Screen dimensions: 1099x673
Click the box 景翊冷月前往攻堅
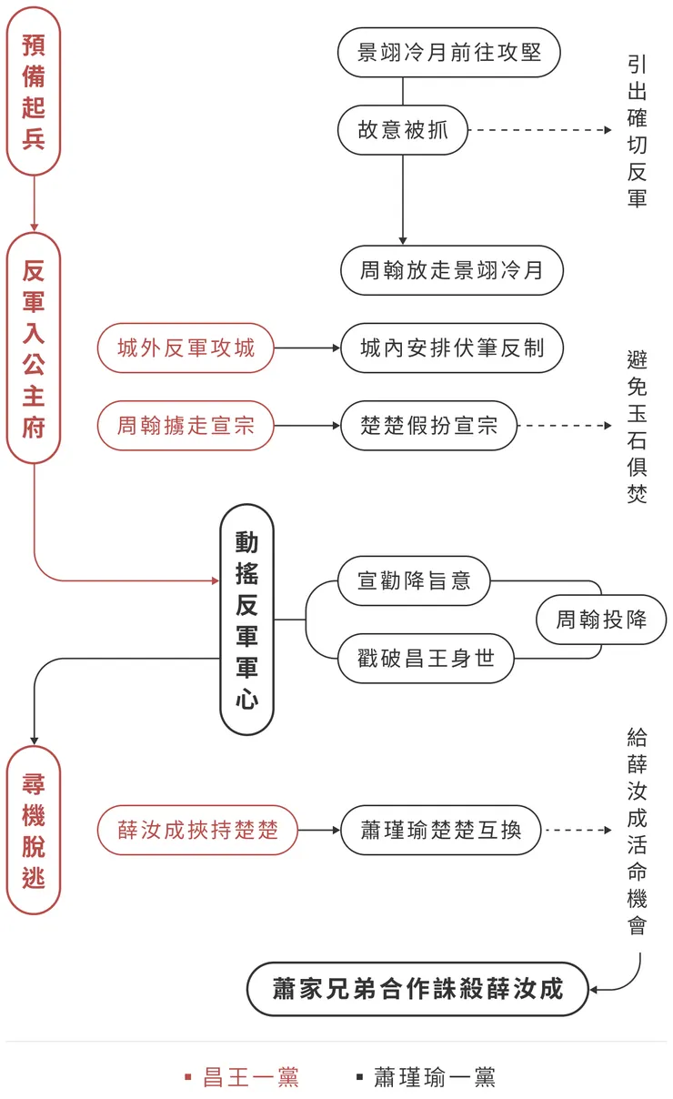(x=448, y=53)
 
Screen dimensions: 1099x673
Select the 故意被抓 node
(x=403, y=130)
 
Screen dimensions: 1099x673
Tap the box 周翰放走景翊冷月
(x=452, y=270)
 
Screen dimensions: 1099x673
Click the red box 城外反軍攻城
(x=186, y=348)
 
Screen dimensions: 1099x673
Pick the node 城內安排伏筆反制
(x=452, y=348)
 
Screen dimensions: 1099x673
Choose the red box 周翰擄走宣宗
(x=186, y=425)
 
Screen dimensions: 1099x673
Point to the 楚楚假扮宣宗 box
(x=429, y=425)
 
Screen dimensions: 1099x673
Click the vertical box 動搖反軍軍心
(x=246, y=620)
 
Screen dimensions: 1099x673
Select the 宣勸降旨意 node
(x=414, y=580)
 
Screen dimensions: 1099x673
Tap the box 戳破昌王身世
(x=426, y=658)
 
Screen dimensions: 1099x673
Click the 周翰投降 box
(x=601, y=620)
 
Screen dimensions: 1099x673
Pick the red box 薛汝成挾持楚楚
(x=197, y=830)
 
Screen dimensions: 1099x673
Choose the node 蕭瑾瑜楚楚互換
(x=441, y=830)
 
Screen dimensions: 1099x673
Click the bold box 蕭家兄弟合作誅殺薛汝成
(x=417, y=989)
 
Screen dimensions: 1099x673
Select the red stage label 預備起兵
(x=34, y=91)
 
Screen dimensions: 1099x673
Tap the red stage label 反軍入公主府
(x=34, y=348)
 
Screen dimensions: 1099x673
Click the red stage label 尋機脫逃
(x=34, y=831)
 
